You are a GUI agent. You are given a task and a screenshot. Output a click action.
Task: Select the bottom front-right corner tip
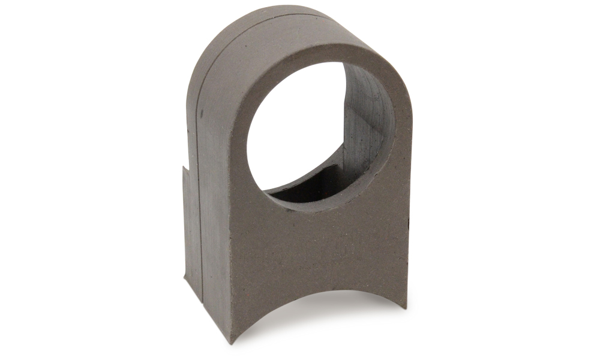coord(406,307)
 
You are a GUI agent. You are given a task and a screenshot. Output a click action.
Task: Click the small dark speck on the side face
coord(202,113)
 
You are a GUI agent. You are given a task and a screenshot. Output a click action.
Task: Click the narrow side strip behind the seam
coord(191,228)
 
